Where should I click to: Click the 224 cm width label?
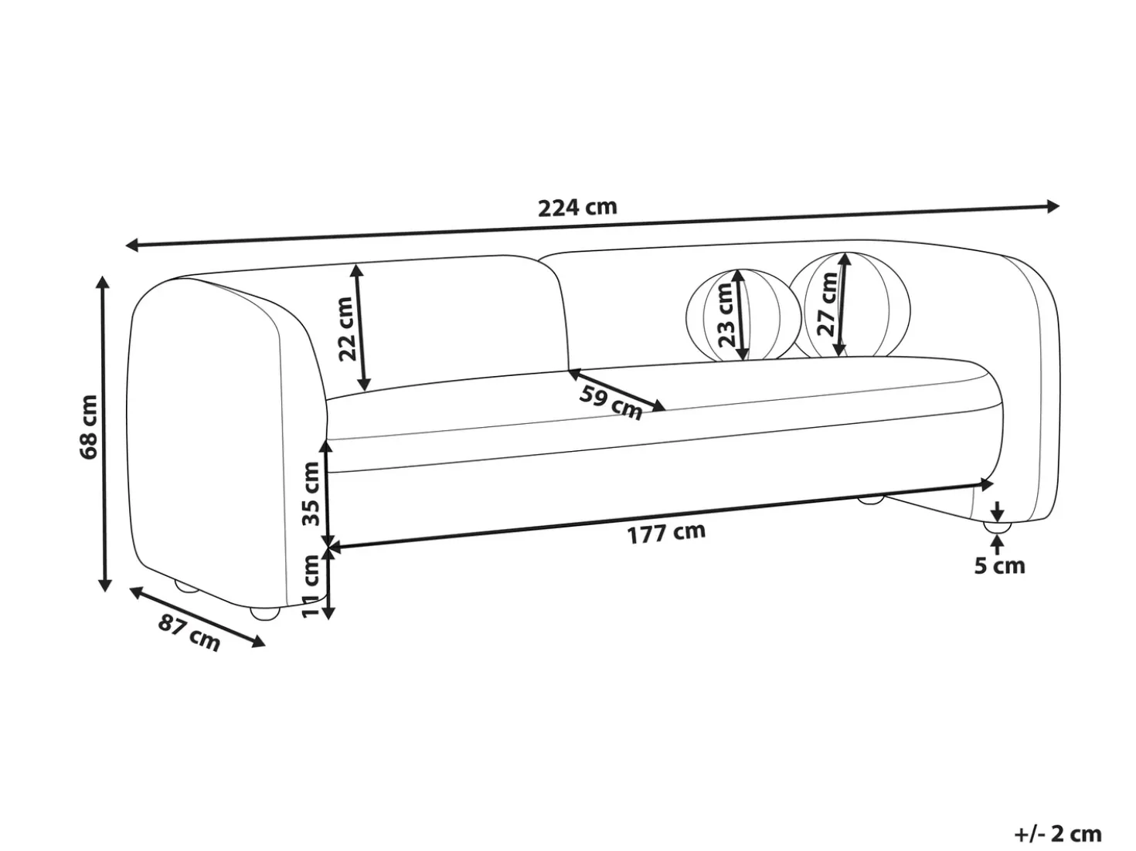click(577, 207)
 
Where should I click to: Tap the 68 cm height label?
click(89, 427)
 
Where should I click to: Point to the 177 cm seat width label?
click(666, 533)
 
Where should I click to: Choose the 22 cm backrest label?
click(345, 329)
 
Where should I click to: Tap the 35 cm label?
click(311, 493)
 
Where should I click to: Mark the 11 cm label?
click(311, 586)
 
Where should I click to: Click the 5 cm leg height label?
click(999, 566)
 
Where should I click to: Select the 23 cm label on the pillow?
click(726, 315)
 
